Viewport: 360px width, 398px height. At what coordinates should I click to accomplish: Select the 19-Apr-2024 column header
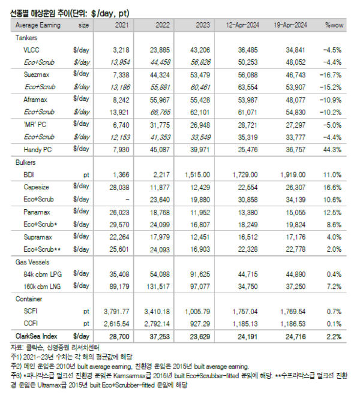289,25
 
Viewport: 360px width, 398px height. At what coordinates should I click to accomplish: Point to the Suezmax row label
37,75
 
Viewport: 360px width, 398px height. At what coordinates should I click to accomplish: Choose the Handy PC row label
38,149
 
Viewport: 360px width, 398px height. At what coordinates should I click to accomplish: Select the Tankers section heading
26,37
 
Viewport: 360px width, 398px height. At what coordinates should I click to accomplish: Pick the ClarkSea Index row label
35,336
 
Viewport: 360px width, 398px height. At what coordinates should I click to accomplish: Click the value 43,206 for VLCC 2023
198,50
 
